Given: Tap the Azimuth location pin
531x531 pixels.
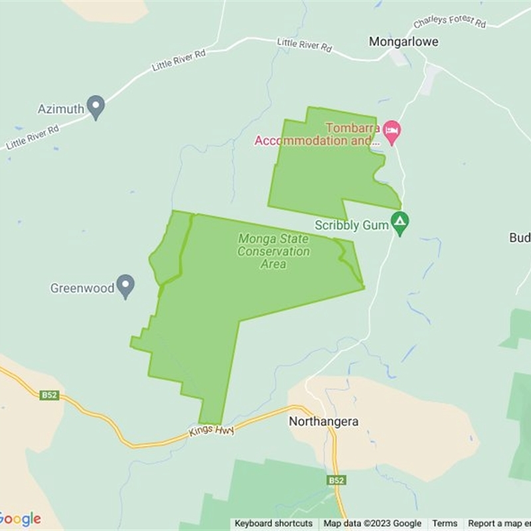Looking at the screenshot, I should click(97, 107).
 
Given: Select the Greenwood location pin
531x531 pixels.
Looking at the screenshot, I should click(125, 286).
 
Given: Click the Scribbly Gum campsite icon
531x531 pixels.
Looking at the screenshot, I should click(400, 223).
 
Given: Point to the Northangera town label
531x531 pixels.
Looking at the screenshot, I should click(323, 421).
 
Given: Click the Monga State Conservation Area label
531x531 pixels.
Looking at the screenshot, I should click(273, 251).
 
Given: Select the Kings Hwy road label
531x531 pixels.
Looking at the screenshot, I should click(211, 431).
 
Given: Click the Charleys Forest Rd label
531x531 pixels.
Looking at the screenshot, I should click(449, 22).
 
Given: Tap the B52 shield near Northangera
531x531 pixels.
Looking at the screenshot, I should click(336, 479).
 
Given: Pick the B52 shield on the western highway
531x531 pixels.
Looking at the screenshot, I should click(49, 395).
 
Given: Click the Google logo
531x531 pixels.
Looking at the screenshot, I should click(20, 518).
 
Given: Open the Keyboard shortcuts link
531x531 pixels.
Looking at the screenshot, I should click(273, 524).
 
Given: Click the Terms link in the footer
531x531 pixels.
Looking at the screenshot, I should click(445, 524).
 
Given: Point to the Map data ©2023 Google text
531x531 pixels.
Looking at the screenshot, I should click(372, 524).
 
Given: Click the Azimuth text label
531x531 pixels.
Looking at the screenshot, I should click(60, 108).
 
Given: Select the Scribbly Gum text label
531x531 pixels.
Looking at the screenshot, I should click(351, 225).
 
